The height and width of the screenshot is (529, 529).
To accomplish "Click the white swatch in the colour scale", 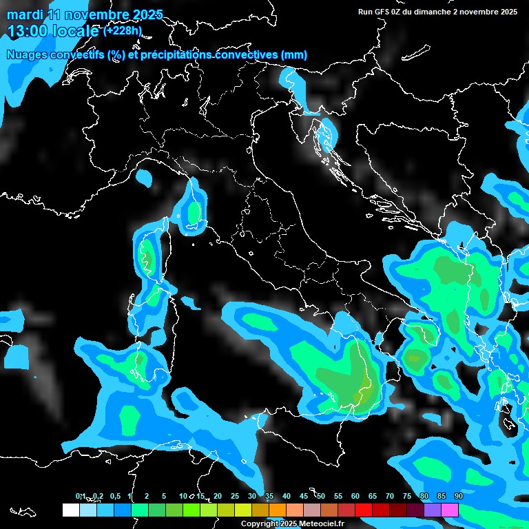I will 71,510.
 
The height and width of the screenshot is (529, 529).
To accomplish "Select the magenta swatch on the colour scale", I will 450,510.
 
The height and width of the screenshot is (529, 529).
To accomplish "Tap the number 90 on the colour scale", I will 458,496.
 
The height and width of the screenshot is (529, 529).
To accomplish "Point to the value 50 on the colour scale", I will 320,496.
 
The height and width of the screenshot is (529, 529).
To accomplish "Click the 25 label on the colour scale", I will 234,496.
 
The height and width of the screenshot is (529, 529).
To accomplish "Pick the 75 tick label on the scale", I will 406,496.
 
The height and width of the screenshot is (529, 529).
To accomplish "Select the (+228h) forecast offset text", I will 122,30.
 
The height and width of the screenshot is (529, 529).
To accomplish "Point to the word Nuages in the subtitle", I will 28,54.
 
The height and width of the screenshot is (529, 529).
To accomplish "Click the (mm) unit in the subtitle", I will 294,54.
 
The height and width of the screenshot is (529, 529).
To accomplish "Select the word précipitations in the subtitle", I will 175,54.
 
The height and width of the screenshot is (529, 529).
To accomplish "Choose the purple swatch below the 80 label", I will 433,510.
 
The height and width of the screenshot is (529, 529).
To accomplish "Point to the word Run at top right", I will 366,12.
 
